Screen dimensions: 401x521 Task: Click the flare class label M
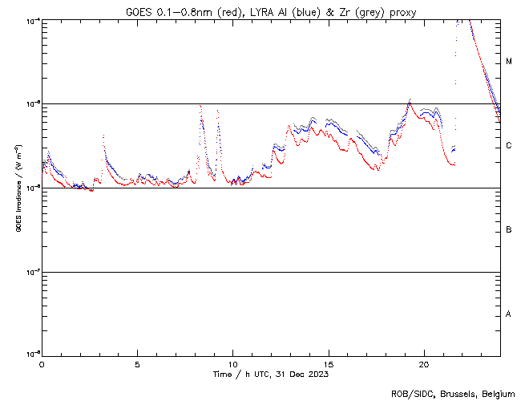point(509,62)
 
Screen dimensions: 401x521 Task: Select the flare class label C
point(509,146)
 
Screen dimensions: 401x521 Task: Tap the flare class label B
point(509,230)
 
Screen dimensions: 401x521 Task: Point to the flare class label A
point(509,314)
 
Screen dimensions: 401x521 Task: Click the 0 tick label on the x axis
point(42,363)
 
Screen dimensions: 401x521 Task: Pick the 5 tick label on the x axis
point(137,363)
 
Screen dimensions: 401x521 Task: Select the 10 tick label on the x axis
point(232,363)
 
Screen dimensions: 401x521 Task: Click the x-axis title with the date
point(271,374)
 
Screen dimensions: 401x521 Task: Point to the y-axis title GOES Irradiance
point(18,188)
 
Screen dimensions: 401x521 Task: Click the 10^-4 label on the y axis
point(31,20)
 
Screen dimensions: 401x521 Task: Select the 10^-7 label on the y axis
point(31,272)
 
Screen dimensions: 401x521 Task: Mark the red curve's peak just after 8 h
point(200,106)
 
